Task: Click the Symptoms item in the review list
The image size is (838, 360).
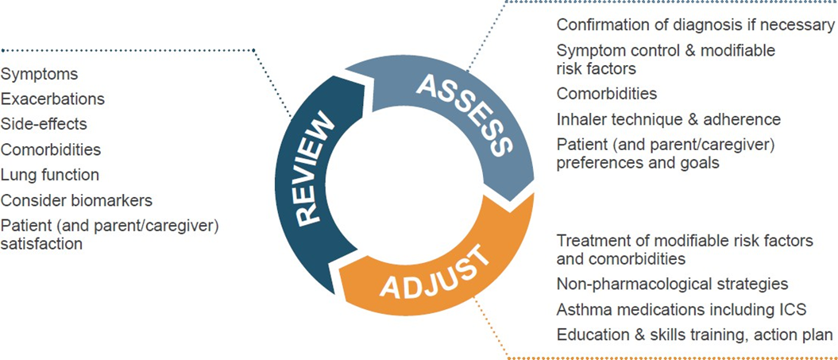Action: click(39, 75)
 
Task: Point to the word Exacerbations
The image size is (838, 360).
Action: click(52, 99)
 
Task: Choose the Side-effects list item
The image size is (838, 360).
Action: click(44, 124)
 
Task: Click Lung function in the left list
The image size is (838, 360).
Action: click(50, 174)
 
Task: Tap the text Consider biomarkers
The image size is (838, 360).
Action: click(76, 200)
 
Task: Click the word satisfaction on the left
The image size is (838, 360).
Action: click(41, 244)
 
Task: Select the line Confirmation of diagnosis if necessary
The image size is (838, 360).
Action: click(695, 25)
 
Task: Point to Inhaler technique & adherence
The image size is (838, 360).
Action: click(669, 118)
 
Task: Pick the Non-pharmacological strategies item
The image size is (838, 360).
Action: click(672, 284)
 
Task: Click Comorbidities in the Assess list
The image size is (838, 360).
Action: click(607, 94)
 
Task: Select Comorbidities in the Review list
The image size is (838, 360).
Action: click(50, 149)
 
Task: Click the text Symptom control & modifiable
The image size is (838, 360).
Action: click(666, 51)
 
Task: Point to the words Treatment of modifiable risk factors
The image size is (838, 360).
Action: click(685, 241)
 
